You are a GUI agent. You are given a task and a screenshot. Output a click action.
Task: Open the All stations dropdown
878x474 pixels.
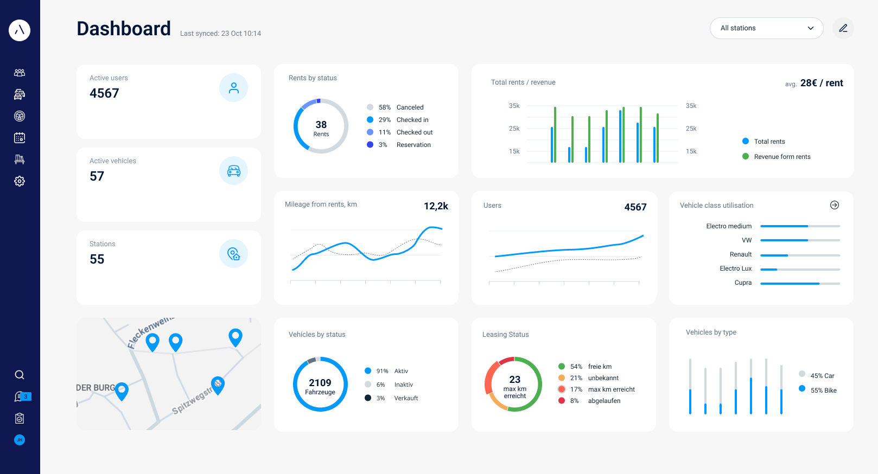pos(766,28)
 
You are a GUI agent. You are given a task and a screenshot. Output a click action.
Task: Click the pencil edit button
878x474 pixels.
pos(843,28)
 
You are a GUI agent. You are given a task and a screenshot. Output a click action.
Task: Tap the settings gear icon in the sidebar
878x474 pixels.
pos(20,181)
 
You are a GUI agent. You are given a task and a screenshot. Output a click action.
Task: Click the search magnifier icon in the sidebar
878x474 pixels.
pos(20,375)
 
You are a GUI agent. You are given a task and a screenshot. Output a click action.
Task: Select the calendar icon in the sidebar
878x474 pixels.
pos(20,138)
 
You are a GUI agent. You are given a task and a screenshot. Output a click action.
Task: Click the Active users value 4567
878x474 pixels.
pos(104,93)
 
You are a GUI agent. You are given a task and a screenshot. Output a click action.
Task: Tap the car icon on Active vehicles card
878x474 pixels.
pos(233,171)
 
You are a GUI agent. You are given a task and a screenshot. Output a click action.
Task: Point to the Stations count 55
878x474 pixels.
pos(97,259)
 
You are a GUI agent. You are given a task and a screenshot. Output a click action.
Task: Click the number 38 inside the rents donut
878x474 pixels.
pos(321,125)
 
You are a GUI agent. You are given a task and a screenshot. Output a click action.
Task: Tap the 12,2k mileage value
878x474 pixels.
pos(436,206)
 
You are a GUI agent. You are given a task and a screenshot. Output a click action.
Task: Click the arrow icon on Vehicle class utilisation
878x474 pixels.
pos(835,205)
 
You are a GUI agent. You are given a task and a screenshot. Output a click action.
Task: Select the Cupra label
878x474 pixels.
pos(743,283)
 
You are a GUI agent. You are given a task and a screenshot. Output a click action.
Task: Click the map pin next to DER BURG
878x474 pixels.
pos(122,390)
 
